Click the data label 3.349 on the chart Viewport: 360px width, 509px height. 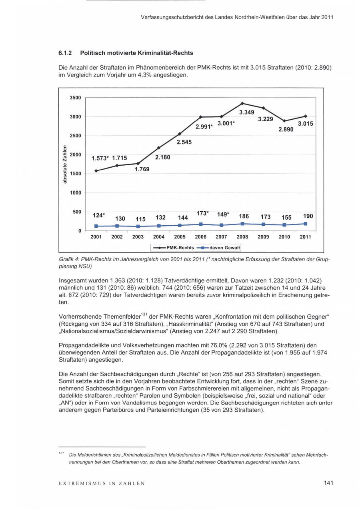247,112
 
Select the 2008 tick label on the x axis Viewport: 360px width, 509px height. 242,237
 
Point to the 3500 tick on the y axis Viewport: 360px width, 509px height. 76,98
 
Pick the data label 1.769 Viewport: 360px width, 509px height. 142,169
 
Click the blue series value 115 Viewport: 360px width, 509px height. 140,219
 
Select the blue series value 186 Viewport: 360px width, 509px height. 244,216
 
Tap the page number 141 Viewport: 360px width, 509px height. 328,483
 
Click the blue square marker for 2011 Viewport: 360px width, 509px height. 305,224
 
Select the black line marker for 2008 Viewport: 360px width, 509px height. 242,103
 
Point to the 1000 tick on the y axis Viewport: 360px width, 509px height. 76,193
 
